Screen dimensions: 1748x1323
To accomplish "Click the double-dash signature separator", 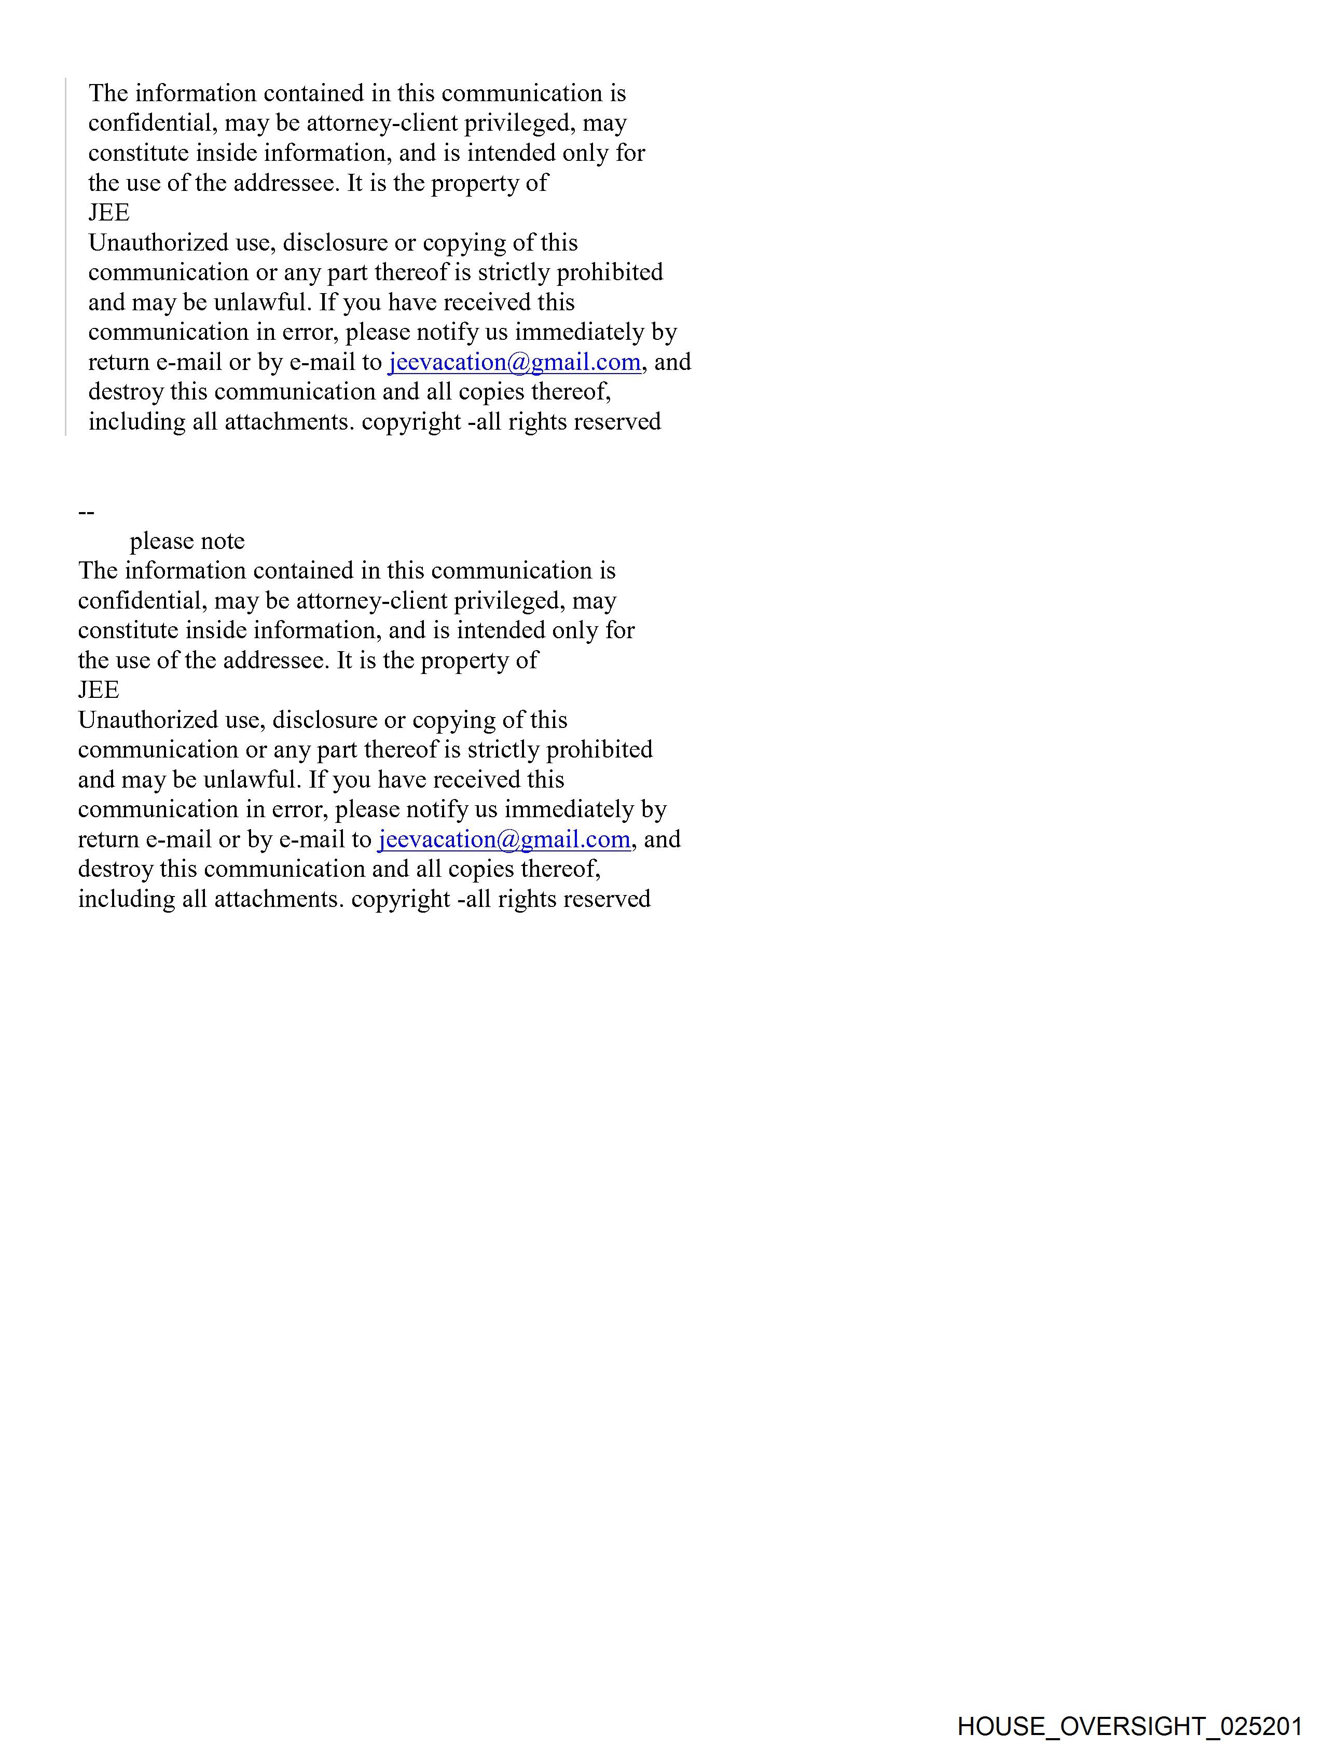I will (x=86, y=512).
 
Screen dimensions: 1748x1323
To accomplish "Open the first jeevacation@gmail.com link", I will (x=514, y=362).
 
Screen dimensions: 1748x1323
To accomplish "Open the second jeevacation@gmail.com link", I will (x=503, y=839).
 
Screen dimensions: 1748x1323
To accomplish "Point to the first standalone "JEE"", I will (x=108, y=213).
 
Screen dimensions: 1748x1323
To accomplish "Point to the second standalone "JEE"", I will (x=98, y=690).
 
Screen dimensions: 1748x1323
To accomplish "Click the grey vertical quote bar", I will (x=65, y=257).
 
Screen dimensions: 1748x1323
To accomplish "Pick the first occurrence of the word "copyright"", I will (x=411, y=422).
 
